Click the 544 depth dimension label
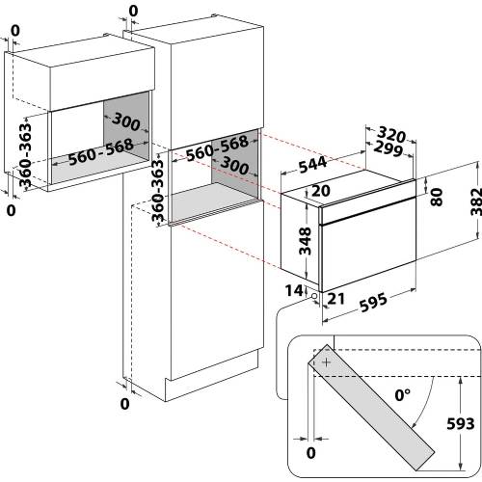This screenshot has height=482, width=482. pyautogui.click(x=312, y=165)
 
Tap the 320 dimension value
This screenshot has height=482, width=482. pyautogui.click(x=391, y=134)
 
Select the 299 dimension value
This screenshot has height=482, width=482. pyautogui.click(x=388, y=148)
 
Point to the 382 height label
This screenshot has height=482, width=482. pyautogui.click(x=476, y=201)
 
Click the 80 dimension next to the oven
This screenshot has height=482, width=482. pyautogui.click(x=437, y=197)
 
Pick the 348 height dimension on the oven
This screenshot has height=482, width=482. pyautogui.click(x=305, y=241)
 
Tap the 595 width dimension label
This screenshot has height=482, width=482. pyautogui.click(x=373, y=302)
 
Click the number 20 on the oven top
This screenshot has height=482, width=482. pyautogui.click(x=321, y=191)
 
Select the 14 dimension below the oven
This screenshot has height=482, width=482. pyautogui.click(x=294, y=290)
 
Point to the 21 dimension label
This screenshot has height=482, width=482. pyautogui.click(x=336, y=299)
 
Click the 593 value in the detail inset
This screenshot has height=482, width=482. pyautogui.click(x=461, y=424)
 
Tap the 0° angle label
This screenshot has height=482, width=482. pyautogui.click(x=403, y=395)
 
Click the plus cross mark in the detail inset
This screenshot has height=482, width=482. pyautogui.click(x=326, y=362)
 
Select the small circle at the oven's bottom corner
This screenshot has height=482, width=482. pyautogui.click(x=314, y=296)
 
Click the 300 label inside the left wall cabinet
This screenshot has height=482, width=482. pyautogui.click(x=126, y=121)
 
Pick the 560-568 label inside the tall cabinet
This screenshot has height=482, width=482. pyautogui.click(x=217, y=147)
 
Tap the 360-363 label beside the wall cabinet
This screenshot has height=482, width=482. pyautogui.click(x=25, y=155)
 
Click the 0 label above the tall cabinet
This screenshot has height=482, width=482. pyautogui.click(x=133, y=11)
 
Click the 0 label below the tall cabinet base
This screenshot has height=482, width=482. pyautogui.click(x=124, y=404)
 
